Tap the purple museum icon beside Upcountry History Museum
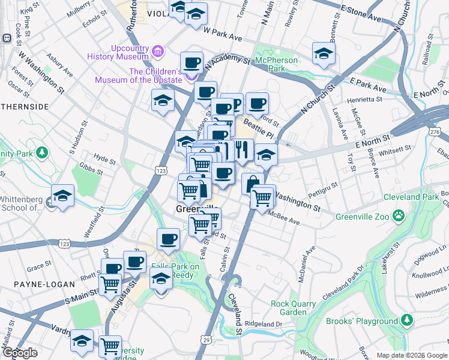tap(158, 52)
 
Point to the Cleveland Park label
tap(414, 197)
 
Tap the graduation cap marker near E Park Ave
tap(324, 53)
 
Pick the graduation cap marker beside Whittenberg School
tap(62, 196)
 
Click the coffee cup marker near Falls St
tap(168, 239)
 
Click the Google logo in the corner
tap(20, 353)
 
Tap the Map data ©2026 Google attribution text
tap(411, 355)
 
